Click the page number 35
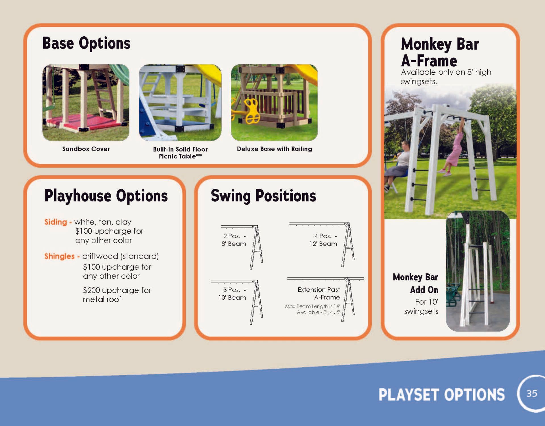532,393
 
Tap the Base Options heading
86,43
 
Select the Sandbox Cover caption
86,149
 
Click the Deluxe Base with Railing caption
274,149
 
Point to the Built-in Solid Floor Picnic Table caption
180,153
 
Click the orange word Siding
56,222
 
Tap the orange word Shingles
59,256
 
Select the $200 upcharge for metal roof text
117,295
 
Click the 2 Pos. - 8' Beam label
234,240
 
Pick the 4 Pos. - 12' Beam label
323,240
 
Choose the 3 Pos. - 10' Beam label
232,293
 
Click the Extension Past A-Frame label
319,293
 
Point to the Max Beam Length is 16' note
312,306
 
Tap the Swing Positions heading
263,196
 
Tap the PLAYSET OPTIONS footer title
442,395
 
